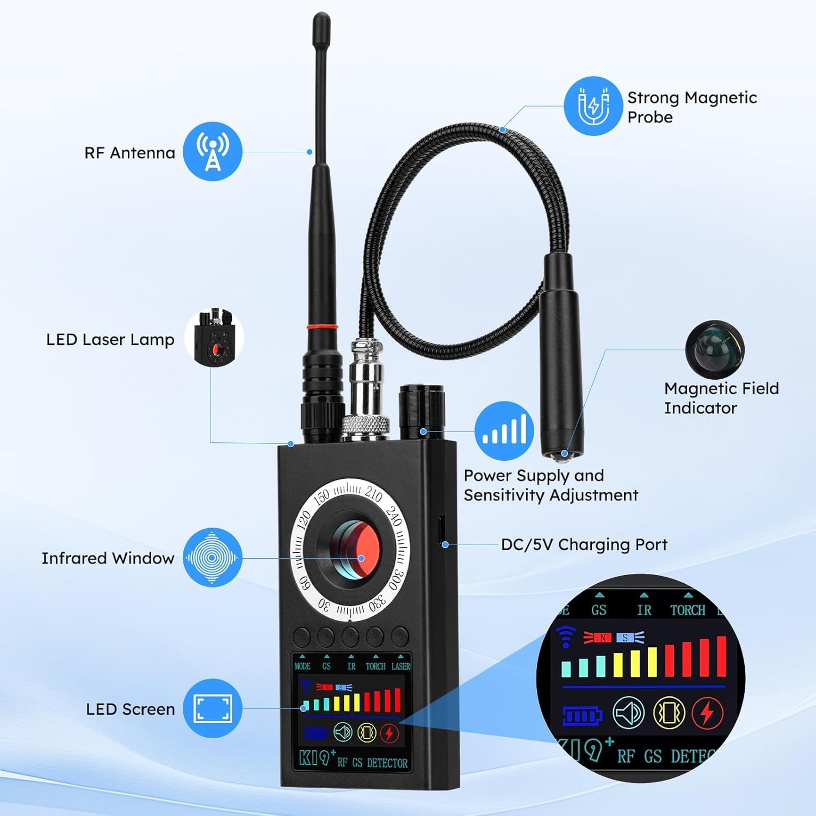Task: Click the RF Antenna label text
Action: [129, 153]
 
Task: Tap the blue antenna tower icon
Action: [212, 151]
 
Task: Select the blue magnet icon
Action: [593, 106]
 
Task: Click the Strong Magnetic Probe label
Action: [692, 107]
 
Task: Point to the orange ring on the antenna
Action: [322, 327]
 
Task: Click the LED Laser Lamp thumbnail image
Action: [214, 337]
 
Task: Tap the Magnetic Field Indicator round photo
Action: [714, 350]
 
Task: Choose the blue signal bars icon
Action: [504, 431]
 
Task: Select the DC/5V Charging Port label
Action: [584, 545]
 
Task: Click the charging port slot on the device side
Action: [441, 530]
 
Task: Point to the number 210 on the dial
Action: [373, 494]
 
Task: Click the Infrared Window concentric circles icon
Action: [212, 558]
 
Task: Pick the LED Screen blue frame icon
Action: [213, 708]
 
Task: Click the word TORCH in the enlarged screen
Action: [688, 610]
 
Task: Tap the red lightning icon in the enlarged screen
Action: [707, 713]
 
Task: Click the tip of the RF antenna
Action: [321, 15]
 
